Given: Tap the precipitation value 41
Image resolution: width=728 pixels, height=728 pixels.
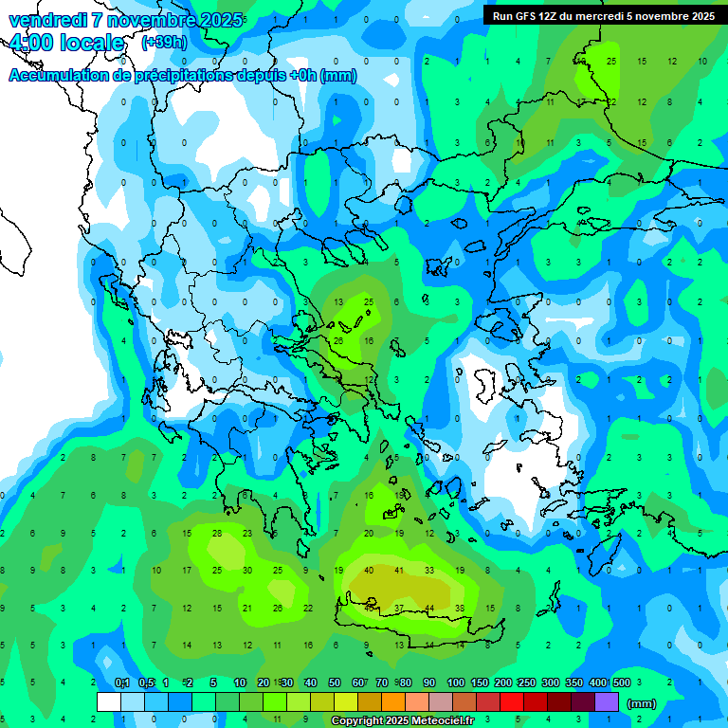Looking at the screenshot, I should pos(399,571).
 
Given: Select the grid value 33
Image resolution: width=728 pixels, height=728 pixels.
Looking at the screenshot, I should pos(429,571).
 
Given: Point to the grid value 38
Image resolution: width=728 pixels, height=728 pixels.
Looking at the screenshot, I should pos(460,608).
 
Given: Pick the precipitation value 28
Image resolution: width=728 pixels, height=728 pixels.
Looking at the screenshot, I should pos(217,534).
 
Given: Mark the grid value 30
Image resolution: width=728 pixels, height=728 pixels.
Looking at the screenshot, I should pos(247,571).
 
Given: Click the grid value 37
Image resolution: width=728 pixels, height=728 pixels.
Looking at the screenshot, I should pos(399,608).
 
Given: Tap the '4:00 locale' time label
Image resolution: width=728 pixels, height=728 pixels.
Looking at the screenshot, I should pos(66,44).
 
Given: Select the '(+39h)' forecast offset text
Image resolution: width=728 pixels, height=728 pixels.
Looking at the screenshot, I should pos(164,44).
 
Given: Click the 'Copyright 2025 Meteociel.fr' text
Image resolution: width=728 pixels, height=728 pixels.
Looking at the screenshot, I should pos(402,720).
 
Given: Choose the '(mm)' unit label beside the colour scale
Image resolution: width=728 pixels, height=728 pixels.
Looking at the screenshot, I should pos(642,703).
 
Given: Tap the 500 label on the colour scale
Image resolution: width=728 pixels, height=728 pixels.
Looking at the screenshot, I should pos(621,683).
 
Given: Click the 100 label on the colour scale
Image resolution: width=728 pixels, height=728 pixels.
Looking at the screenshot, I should pos(456,683).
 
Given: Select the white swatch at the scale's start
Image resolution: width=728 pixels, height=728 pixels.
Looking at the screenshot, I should pos(109,702).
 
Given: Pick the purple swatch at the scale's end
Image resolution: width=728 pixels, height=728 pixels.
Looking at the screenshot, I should pos(607,702).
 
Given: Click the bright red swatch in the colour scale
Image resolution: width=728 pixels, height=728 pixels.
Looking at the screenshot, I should pos(512,702).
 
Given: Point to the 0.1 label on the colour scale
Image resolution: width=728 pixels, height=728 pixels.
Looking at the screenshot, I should pos(121,683).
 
